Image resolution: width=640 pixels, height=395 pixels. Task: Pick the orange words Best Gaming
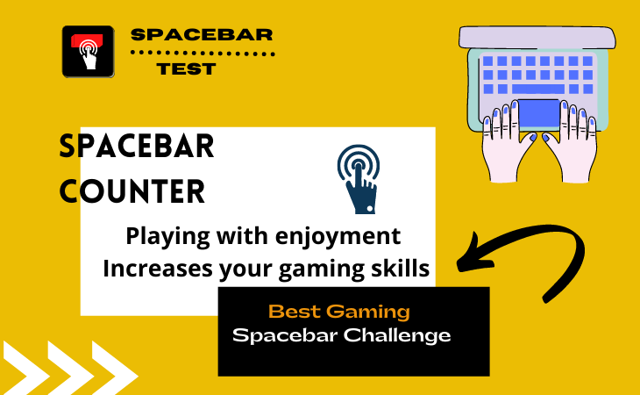click(339, 311)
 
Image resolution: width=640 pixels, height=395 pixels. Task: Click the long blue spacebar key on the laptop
click(537, 89)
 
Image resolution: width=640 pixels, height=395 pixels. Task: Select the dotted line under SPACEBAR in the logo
click(203, 53)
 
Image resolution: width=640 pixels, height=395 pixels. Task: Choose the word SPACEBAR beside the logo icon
click(202, 35)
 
